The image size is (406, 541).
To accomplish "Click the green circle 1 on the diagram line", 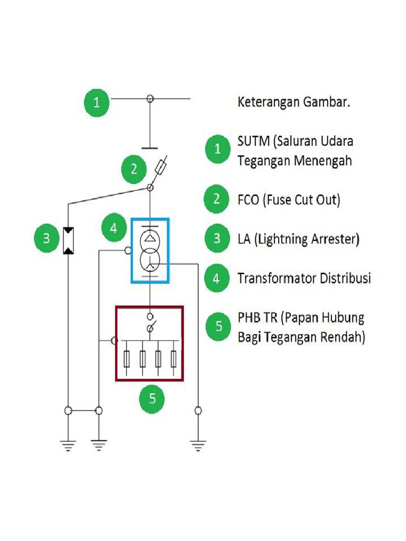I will pyautogui.click(x=96, y=103).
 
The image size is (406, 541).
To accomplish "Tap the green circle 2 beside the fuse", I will pyautogui.click(x=134, y=169).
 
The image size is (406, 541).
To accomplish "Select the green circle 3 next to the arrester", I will pyautogui.click(x=47, y=238).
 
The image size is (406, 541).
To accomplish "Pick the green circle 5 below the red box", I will pyautogui.click(x=152, y=398).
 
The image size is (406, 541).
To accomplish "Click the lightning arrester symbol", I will pyautogui.click(x=69, y=241).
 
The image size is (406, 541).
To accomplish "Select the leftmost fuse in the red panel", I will pyautogui.click(x=126, y=359).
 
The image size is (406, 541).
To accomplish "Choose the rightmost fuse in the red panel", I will pyautogui.click(x=174, y=359).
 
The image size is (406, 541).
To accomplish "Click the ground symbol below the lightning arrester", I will pyautogui.click(x=68, y=445).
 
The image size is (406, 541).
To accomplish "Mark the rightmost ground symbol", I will pyautogui.click(x=198, y=446).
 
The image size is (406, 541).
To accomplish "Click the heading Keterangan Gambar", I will pyautogui.click(x=294, y=102).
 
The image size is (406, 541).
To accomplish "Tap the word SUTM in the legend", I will pyautogui.click(x=253, y=142).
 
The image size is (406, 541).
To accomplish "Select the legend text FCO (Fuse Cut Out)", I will pyautogui.click(x=289, y=200).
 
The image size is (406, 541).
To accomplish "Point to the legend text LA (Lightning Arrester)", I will pyautogui.click(x=299, y=239).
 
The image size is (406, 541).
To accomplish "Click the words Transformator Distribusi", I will pyautogui.click(x=304, y=278).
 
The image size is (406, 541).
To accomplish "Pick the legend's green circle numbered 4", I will pyautogui.click(x=217, y=278).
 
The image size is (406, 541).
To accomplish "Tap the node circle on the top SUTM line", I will pyautogui.click(x=150, y=98).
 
